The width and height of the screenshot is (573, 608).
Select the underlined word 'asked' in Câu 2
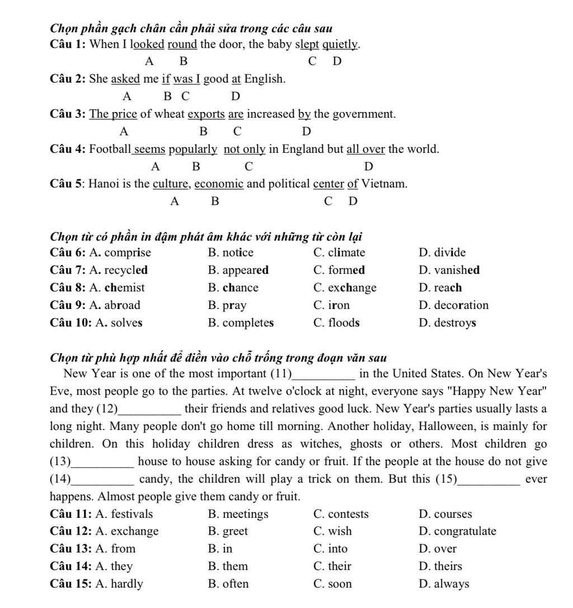tap(125, 79)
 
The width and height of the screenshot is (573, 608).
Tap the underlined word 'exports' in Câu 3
tap(206, 114)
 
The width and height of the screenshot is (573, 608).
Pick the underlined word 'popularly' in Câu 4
tap(193, 149)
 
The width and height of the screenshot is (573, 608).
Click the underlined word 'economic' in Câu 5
tap(219, 184)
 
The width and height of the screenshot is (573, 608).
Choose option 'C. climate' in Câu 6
tap(339, 252)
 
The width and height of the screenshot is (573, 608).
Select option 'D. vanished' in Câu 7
tap(449, 270)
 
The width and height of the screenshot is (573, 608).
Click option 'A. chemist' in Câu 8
tap(120, 288)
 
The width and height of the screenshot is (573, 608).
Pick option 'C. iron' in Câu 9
tap(331, 305)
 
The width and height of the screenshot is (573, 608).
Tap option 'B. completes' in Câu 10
tap(241, 322)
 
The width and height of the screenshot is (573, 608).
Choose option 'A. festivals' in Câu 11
tap(124, 514)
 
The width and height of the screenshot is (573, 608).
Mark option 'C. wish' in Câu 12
tap(333, 531)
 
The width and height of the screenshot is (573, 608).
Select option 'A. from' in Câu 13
tap(115, 549)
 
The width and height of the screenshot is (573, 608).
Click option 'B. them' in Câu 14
tap(228, 567)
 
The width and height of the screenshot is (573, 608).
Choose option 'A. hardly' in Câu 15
tap(119, 584)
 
